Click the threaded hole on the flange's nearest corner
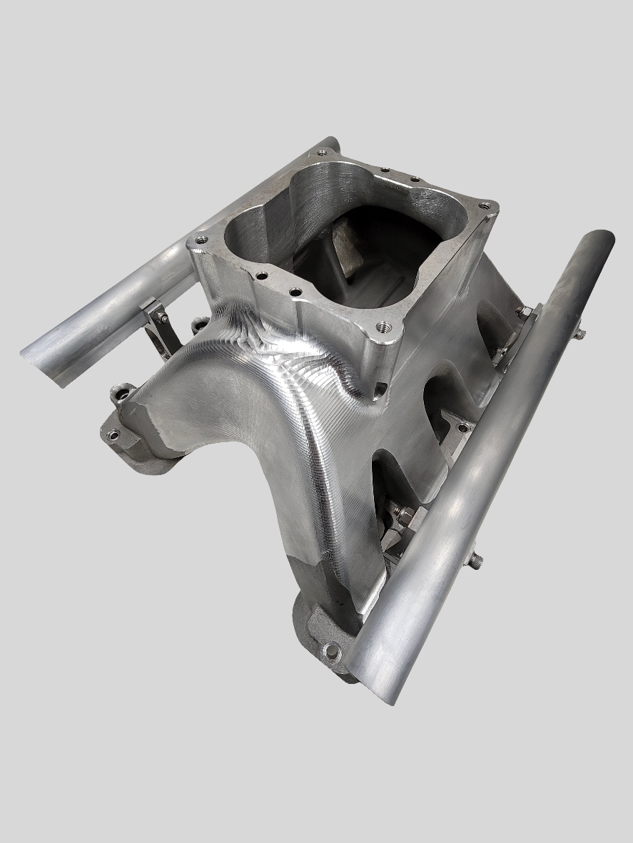tap(384, 327)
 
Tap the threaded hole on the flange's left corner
tap(202, 240)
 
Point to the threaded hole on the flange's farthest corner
tap(322, 152)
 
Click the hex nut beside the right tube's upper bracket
tap(523, 312)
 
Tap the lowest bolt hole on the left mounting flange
tap(113, 434)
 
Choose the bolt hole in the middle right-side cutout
tap(462, 427)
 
